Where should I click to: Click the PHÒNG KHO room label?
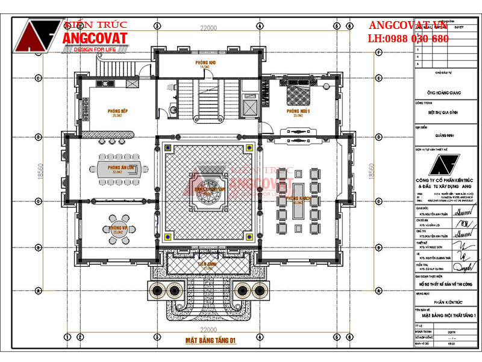pyautogui.click(x=205, y=63)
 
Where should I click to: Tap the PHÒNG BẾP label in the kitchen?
pyautogui.click(x=117, y=112)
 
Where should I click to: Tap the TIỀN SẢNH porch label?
pyautogui.click(x=208, y=264)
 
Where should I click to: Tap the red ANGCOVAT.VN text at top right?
pyautogui.click(x=408, y=25)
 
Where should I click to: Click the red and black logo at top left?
pyautogui.click(x=39, y=36)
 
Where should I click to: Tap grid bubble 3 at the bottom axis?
pyautogui.click(x=157, y=337)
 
